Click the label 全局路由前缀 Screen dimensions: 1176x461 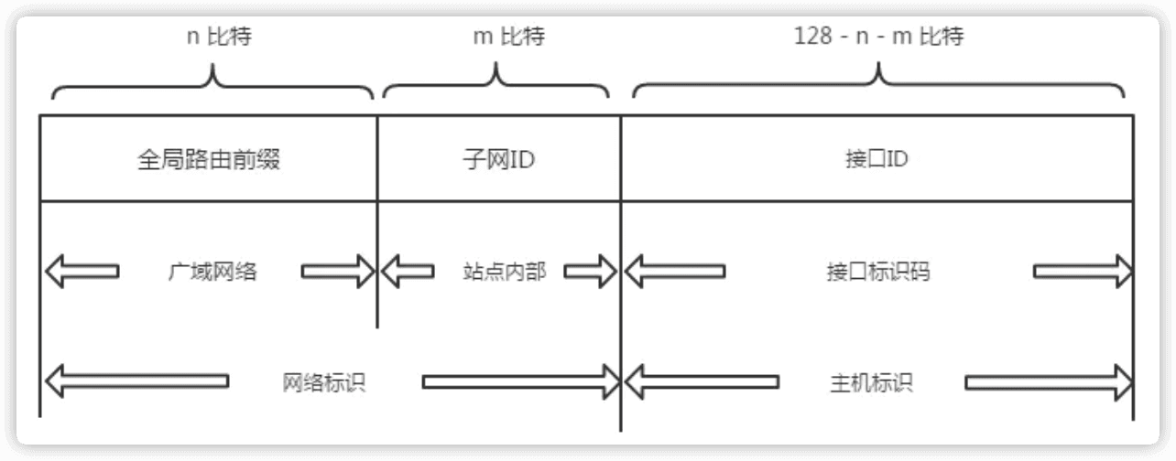[208, 161]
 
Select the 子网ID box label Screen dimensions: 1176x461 [498, 161]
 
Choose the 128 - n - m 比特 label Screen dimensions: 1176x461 [879, 38]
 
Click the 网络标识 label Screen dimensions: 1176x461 [324, 381]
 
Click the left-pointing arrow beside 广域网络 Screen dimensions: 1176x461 [82, 272]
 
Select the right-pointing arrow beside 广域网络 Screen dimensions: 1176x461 [338, 272]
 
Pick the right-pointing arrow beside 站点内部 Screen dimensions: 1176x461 [591, 272]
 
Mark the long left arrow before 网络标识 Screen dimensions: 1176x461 [136, 381]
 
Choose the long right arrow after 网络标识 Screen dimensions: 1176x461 [520, 381]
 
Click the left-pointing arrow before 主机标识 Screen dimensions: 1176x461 [702, 381]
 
